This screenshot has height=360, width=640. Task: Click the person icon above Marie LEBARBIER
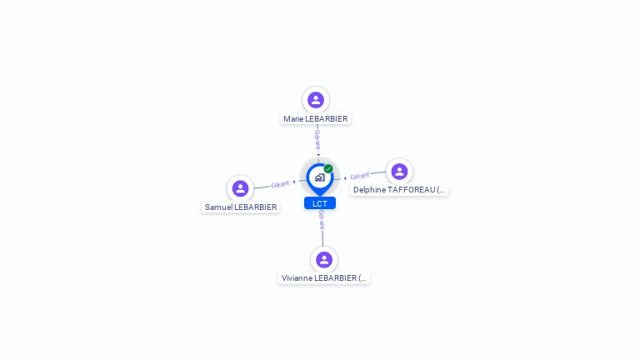click(x=316, y=100)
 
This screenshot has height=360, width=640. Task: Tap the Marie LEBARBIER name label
click(x=316, y=119)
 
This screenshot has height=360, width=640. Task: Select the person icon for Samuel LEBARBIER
click(x=240, y=188)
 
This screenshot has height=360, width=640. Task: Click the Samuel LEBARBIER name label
click(x=241, y=207)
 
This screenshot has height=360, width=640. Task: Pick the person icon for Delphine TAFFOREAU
click(x=399, y=172)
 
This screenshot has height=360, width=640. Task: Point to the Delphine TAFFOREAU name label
click(x=399, y=190)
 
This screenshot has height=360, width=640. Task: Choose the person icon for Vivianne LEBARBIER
click(x=324, y=260)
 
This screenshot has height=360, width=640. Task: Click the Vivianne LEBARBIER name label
click(x=324, y=278)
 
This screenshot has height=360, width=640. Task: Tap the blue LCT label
click(x=320, y=203)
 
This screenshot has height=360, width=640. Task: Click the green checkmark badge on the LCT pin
click(x=328, y=168)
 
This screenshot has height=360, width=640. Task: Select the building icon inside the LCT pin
click(x=320, y=177)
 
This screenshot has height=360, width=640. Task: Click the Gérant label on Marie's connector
click(x=317, y=140)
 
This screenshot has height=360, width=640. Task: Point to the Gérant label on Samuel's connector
click(x=280, y=184)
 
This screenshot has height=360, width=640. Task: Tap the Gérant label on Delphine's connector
click(x=360, y=176)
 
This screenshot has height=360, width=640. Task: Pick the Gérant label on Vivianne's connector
click(x=322, y=220)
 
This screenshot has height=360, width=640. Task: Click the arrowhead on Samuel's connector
click(x=294, y=182)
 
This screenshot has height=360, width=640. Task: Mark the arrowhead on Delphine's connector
click(x=345, y=178)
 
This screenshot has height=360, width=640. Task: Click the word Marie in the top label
click(x=293, y=119)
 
